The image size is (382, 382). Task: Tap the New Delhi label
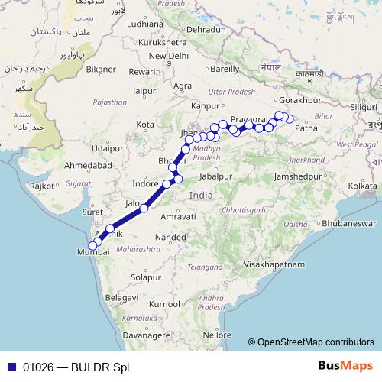pyautogui.click(x=169, y=57)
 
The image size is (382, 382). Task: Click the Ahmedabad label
pyautogui.click(x=85, y=165)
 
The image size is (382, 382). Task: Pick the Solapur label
pyautogui.click(x=144, y=277)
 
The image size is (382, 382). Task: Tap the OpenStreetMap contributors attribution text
pyautogui.click(x=316, y=342)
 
